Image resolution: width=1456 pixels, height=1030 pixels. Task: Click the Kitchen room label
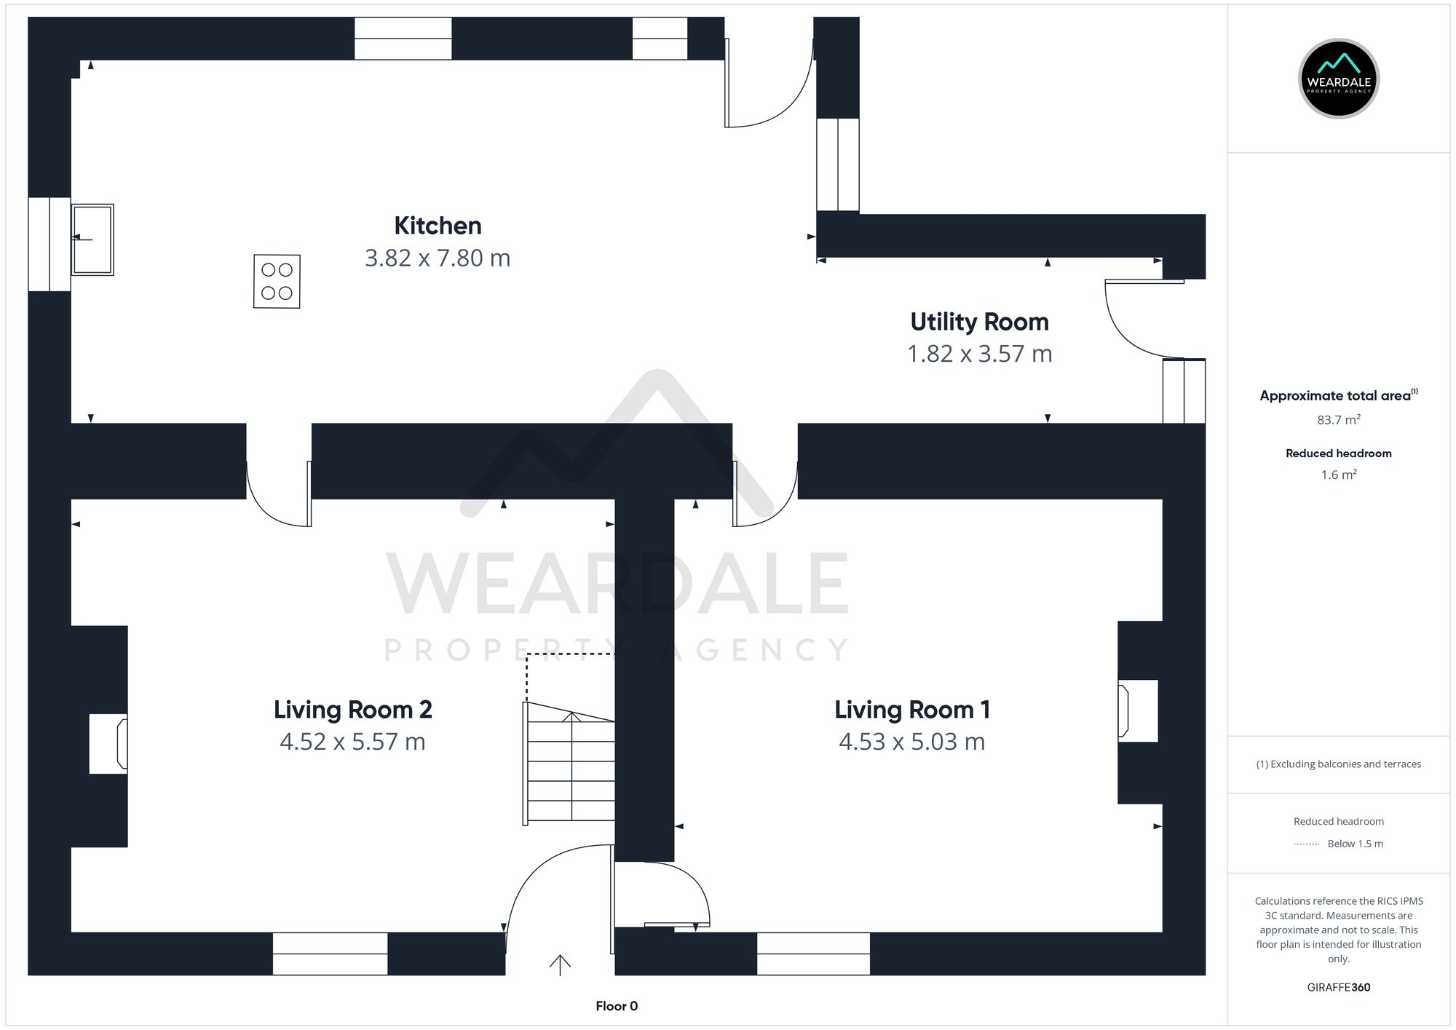[438, 226]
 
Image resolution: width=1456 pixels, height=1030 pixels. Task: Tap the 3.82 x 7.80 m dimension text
[438, 258]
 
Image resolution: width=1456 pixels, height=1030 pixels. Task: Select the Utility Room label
[979, 322]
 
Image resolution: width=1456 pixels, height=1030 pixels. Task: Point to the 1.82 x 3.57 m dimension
[979, 354]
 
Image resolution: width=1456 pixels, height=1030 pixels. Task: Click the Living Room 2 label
[352, 710]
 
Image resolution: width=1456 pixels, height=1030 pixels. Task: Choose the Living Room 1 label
[911, 710]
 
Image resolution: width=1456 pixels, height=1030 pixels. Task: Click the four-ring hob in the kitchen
[277, 281]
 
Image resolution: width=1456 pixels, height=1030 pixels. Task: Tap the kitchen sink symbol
[92, 239]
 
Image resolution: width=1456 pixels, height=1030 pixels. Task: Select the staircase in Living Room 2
[570, 764]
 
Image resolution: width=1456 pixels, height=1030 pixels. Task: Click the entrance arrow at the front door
[560, 965]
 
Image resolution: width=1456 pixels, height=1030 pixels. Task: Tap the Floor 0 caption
[617, 1006]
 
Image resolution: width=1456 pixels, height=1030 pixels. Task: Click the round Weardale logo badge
[1338, 79]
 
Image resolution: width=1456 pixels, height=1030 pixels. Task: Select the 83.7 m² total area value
[1338, 420]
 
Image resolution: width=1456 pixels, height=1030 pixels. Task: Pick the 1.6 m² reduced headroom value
[1338, 475]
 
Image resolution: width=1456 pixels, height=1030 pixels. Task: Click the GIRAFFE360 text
[1338, 988]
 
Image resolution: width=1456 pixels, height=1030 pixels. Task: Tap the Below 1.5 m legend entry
[1354, 844]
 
